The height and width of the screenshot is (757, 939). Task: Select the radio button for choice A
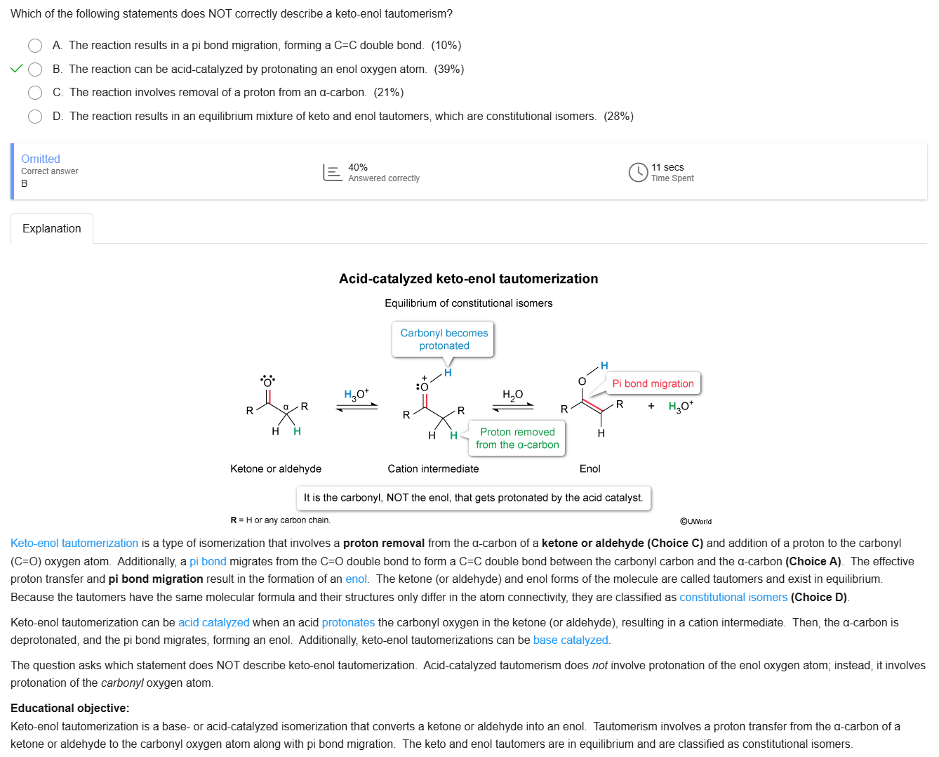coord(35,46)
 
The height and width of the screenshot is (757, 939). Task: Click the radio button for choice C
coord(35,93)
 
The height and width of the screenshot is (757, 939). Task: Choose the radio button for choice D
coord(35,117)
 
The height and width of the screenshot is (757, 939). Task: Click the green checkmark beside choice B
coord(17,69)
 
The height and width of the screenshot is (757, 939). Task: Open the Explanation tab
coord(52,229)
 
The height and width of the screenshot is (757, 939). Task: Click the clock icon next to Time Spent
coord(638,172)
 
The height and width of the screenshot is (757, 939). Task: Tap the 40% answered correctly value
coord(358,167)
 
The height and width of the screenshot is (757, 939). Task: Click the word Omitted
coord(41,159)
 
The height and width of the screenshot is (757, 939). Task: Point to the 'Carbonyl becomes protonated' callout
coord(444,339)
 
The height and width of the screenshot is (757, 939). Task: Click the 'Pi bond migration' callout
coord(653,383)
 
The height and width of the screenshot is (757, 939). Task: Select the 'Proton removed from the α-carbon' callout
coord(517,438)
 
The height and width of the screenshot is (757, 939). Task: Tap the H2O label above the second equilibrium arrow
coord(512,395)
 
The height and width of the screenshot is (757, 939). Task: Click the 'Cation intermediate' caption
coord(433,469)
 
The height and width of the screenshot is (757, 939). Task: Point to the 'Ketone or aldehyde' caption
coord(276,469)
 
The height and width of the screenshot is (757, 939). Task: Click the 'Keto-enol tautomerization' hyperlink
coord(74,544)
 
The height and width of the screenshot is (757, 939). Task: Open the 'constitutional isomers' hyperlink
coord(733,598)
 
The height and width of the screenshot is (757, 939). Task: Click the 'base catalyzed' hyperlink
coord(571,640)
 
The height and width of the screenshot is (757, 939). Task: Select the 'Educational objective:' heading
coord(70,709)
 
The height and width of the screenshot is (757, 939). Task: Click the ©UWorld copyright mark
coord(695,522)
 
